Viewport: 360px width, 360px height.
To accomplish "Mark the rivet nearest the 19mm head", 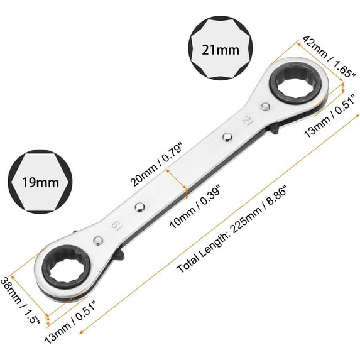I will [x=138, y=208].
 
